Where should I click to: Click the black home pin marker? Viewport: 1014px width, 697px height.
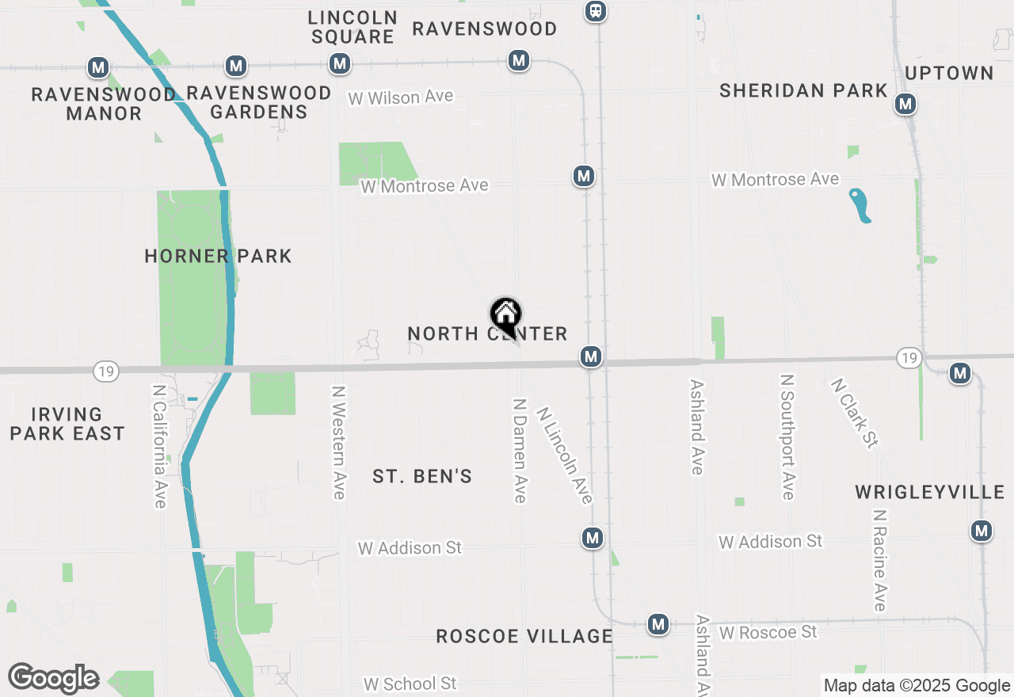[x=505, y=315]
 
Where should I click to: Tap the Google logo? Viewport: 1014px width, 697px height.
[x=53, y=679]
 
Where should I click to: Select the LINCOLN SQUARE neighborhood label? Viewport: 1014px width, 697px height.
[x=353, y=27]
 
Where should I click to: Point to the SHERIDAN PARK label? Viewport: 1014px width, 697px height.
[x=803, y=90]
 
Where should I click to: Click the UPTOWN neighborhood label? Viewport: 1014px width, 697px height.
[x=949, y=73]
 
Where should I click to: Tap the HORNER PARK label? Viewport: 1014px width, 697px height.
[x=218, y=256]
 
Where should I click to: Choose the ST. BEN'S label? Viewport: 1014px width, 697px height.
[x=422, y=476]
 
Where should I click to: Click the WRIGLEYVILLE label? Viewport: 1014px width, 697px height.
[x=930, y=493]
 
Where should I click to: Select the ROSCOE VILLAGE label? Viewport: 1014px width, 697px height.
[x=524, y=636]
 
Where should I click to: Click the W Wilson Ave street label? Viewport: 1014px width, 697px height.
[x=401, y=97]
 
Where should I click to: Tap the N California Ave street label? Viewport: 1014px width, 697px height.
[x=159, y=446]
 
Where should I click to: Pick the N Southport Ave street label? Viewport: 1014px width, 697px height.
[x=787, y=437]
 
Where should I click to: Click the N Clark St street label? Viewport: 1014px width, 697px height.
[x=854, y=413]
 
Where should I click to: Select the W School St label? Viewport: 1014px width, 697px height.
[x=410, y=684]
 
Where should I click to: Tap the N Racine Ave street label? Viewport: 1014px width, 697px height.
[x=879, y=560]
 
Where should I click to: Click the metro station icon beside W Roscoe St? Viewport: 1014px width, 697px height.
[x=658, y=624]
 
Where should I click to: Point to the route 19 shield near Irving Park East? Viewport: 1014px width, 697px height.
[x=105, y=371]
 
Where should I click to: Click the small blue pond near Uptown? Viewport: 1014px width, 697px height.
[x=860, y=205]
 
